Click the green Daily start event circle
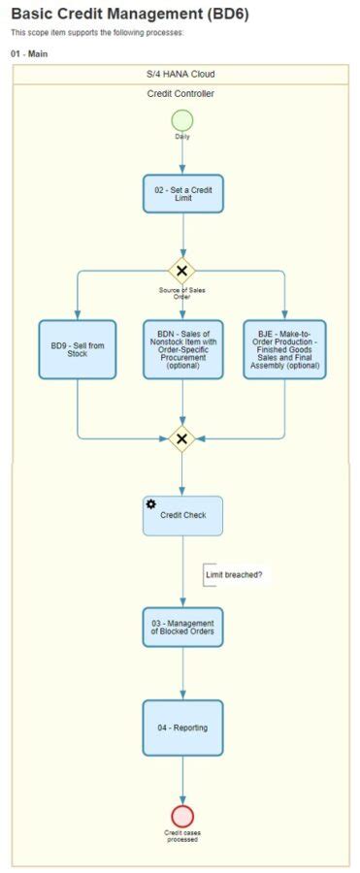point(182,121)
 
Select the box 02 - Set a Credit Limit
point(182,193)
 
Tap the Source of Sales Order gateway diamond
point(181,271)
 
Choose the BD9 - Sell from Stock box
point(78,349)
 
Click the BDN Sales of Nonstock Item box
point(182,349)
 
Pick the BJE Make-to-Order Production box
point(284,349)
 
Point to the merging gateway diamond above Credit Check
point(181,438)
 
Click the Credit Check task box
point(182,516)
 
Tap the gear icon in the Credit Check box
point(151,504)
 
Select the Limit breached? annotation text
point(234,575)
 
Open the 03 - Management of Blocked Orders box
point(182,628)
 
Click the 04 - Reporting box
point(182,727)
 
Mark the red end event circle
point(182,816)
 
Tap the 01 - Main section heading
point(29,53)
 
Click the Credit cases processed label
point(182,835)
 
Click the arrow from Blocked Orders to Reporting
point(182,674)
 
